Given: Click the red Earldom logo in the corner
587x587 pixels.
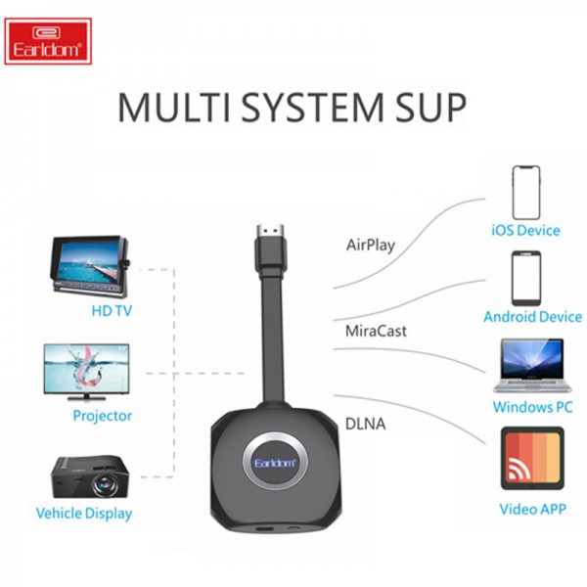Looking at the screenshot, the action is coord(48,41).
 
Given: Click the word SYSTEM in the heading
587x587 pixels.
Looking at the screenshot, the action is coord(313,108).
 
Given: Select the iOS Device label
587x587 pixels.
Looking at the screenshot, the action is coord(525,230).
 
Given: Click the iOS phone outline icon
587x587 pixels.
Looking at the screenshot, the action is coord(526,193).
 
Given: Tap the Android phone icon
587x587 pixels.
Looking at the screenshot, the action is coord(526,279).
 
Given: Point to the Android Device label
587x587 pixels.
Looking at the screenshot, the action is coord(533,317).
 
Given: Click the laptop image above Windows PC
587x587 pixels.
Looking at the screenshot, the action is coord(533,366).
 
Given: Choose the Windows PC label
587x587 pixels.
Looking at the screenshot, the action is coord(533,407).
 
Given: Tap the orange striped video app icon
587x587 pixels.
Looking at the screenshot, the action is coord(532,458).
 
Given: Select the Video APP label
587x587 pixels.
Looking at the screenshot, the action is coord(532,509).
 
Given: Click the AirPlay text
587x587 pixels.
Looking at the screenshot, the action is coord(371,246).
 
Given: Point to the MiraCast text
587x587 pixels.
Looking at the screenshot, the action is coord(376,331).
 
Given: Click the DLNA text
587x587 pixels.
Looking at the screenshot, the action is coord(365,424).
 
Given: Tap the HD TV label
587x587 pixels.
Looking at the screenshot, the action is coord(112,311).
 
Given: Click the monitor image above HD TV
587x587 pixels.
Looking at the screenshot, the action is coord(90,266).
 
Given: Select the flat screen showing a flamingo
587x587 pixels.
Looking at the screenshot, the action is coord(86,373).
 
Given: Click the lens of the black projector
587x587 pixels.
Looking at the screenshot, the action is coord(105,485).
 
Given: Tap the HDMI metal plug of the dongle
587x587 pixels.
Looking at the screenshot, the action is coord(270,231).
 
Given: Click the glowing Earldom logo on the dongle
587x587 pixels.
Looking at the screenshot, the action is coord(275,463).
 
